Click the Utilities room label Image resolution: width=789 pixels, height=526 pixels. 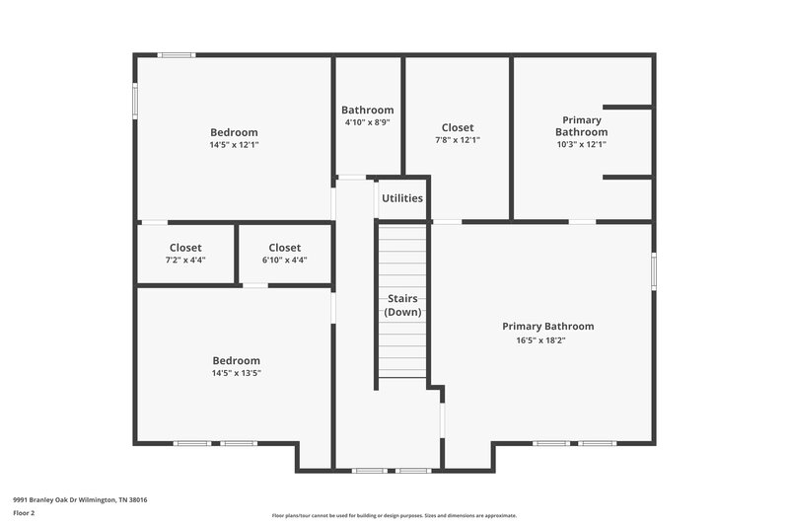tap(402, 198)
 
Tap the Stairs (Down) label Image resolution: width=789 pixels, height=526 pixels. tap(402, 304)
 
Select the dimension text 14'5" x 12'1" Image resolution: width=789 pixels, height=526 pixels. tap(234, 145)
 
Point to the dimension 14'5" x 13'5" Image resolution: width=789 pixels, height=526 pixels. tap(236, 373)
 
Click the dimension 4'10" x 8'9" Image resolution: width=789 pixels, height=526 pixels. tap(367, 122)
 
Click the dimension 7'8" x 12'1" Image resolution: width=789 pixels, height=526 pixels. tap(457, 140)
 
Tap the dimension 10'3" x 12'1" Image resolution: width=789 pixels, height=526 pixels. tap(580, 144)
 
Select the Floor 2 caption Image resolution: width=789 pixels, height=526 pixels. tap(24, 513)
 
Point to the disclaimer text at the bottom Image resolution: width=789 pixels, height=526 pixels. tap(394, 515)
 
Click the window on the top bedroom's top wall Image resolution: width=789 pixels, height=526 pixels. tap(178, 55)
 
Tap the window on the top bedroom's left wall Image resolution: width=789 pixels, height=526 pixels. tap(135, 102)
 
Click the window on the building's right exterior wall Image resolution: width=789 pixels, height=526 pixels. tap(653, 270)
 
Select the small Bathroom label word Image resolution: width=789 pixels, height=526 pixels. tap(367, 110)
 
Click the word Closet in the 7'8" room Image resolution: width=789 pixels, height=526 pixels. tap(457, 127)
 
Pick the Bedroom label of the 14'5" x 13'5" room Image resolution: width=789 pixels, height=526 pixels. tap(236, 360)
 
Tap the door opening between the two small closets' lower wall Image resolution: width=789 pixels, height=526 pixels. tap(254, 285)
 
